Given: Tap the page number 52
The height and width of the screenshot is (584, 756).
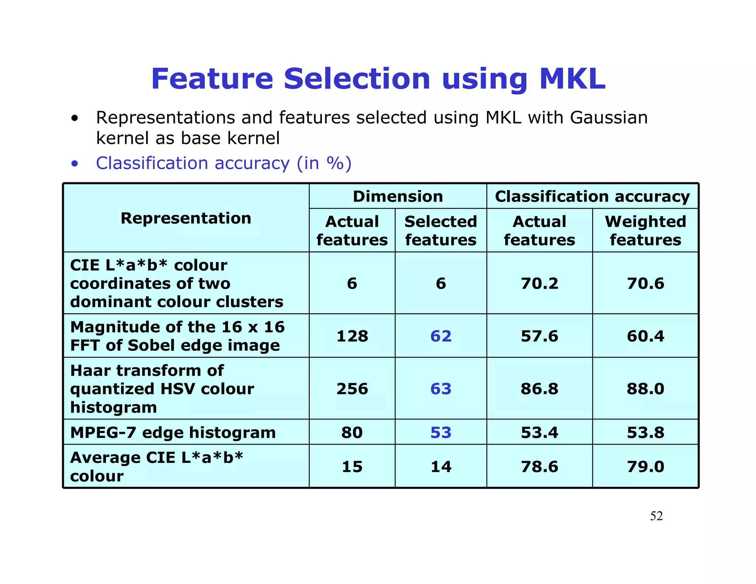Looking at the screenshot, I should click(x=656, y=516).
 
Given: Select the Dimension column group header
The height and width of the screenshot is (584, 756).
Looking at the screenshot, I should click(x=398, y=196).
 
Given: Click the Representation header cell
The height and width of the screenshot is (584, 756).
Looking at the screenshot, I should click(x=186, y=218).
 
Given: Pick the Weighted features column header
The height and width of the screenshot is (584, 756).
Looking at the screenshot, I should click(x=645, y=231).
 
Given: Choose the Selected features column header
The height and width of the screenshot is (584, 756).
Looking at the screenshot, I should click(x=441, y=231).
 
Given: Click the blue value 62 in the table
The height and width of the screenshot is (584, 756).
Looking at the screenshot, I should click(x=441, y=336).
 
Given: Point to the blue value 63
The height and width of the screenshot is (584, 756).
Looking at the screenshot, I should click(x=441, y=389).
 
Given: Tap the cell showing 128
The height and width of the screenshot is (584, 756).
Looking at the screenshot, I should click(x=352, y=336).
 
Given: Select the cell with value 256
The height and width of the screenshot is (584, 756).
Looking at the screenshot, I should click(x=352, y=389).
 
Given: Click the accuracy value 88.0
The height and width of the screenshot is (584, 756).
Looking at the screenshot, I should click(x=645, y=389).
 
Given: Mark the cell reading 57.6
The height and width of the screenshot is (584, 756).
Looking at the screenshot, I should click(x=539, y=336).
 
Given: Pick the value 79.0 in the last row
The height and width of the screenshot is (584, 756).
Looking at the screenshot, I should click(x=645, y=467).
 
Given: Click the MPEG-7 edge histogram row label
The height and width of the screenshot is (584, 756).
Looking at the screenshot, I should click(x=173, y=432).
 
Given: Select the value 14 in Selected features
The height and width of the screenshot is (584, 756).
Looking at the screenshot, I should click(x=441, y=467).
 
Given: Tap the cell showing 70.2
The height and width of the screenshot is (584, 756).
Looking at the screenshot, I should click(x=539, y=284).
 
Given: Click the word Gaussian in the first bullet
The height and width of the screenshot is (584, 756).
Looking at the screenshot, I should click(x=608, y=118).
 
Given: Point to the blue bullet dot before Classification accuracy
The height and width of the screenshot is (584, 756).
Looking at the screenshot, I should click(x=75, y=164).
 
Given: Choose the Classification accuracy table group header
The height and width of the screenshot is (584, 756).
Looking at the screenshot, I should click(x=592, y=196).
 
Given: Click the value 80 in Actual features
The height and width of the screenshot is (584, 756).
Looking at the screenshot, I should click(x=352, y=432).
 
